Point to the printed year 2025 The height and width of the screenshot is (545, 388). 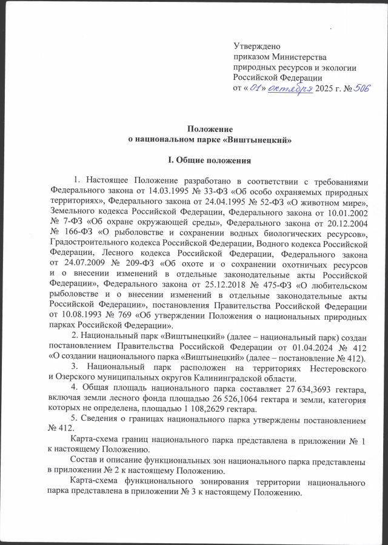324,88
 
